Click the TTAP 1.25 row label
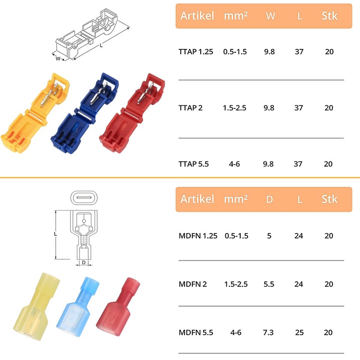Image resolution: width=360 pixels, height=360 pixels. tap(196, 52)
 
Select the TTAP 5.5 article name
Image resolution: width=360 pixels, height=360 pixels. tap(193, 164)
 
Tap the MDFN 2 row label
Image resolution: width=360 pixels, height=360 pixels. tap(193, 284)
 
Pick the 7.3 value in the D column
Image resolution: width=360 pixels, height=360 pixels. tap(268, 333)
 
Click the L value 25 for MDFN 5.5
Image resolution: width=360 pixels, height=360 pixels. tap(299, 333)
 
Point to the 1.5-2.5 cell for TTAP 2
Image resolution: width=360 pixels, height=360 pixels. tap(234, 108)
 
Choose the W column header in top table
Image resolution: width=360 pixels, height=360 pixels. tap(270, 16)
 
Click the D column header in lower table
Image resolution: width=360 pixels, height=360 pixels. tap(270, 199)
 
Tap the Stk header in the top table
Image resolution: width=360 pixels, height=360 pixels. tap(329, 16)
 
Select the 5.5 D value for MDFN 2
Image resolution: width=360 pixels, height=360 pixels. tap(269, 284)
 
